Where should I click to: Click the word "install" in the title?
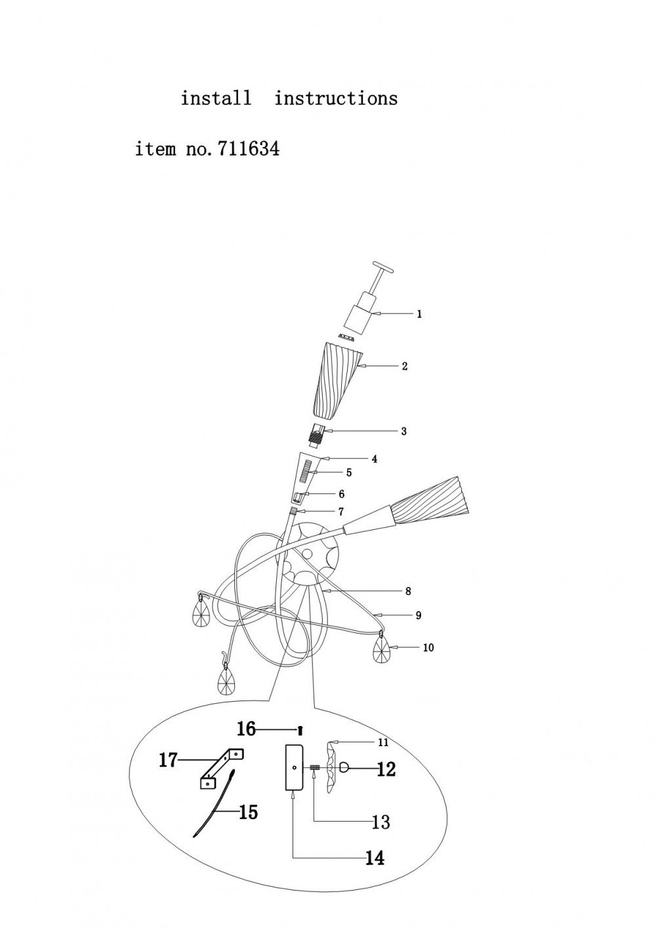coord(216,98)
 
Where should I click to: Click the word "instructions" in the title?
coord(336,98)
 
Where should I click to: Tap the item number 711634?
coord(244,150)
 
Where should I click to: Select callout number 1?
coord(419,314)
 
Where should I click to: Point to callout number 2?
coord(405,367)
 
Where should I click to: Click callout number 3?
coord(404,432)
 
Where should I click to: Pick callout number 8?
coord(408,592)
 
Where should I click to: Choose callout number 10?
coord(428,648)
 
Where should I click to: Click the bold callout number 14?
coord(375,857)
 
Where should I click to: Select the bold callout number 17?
coord(169,760)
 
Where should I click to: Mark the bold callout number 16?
coord(246,729)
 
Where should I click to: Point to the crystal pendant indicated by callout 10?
coord(381,651)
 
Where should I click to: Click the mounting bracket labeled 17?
coord(220,767)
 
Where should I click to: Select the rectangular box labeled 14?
coord(293,767)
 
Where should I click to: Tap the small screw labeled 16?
coord(300,729)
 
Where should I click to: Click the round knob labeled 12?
coord(345,768)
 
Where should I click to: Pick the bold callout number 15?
coord(248,813)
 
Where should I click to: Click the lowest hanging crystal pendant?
coord(226,683)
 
